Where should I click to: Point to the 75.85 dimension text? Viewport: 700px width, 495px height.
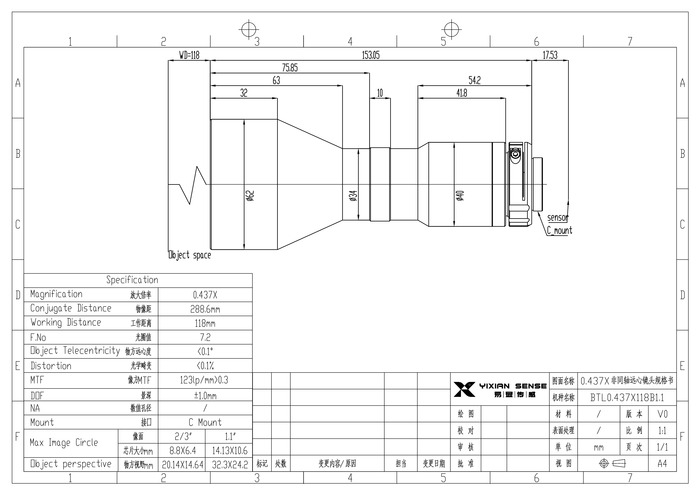point(290,68)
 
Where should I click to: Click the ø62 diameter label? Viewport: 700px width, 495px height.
point(250,196)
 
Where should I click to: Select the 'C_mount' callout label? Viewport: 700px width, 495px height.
point(559,230)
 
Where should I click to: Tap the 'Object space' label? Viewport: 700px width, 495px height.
point(190,255)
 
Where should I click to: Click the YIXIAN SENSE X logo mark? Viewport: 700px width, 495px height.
point(464,389)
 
